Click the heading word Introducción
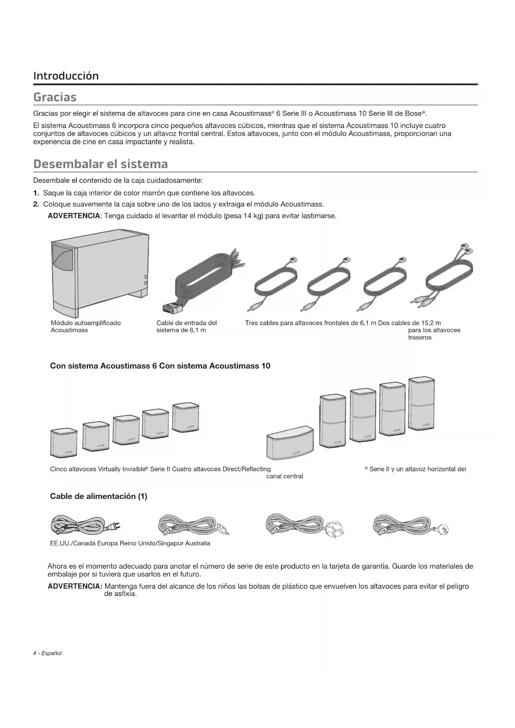click(x=66, y=76)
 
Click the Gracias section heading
click(x=55, y=97)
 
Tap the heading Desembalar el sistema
click(x=100, y=164)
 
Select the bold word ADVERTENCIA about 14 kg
click(x=74, y=216)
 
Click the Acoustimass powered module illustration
click(x=100, y=274)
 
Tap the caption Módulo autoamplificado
click(x=85, y=323)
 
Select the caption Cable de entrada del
click(x=186, y=323)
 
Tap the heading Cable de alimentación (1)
click(x=98, y=496)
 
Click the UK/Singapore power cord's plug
click(x=335, y=529)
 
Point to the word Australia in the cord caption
click(x=198, y=543)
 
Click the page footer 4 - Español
click(x=47, y=653)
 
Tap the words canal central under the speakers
click(x=284, y=476)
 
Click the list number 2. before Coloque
click(x=36, y=204)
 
